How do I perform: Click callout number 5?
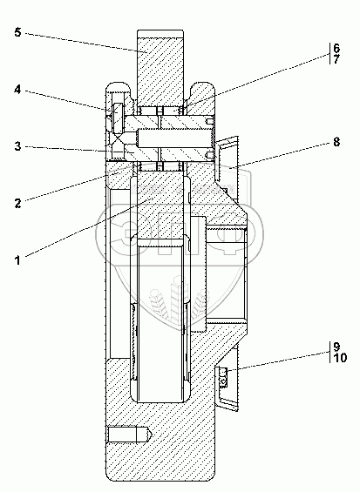pos(18,32)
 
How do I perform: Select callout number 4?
pos(18,90)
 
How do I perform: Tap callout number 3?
pos(18,146)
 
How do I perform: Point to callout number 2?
pos(18,203)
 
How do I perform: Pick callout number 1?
pos(18,260)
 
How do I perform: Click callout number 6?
pos(336,48)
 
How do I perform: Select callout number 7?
pos(336,59)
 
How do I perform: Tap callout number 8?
pos(336,142)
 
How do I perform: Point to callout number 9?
pos(336,347)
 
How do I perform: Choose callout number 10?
pos(340,358)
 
